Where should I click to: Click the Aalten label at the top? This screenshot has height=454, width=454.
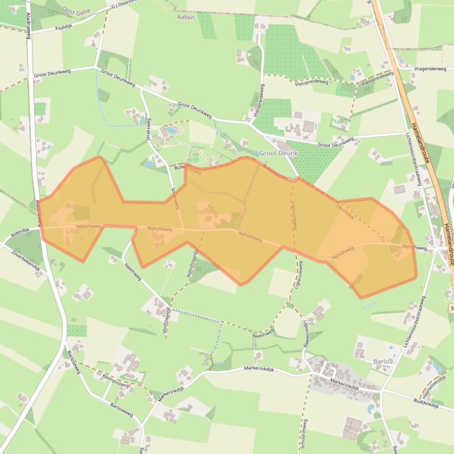coord(186,18)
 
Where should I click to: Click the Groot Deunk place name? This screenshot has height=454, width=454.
coord(278,153)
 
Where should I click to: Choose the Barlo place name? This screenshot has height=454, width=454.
coord(382,361)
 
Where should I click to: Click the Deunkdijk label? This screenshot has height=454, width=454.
coord(344,211)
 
